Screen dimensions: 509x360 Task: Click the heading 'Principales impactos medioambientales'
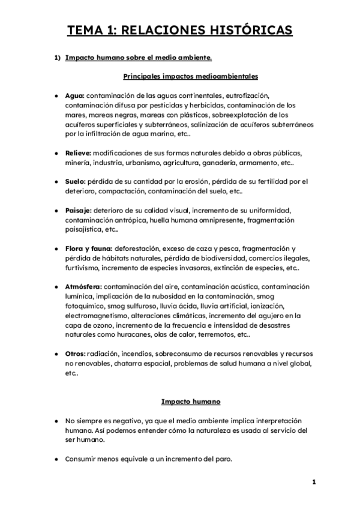[x=190, y=76]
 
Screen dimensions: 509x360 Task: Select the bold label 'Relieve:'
[x=78, y=153]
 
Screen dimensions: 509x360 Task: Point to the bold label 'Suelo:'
[x=76, y=182]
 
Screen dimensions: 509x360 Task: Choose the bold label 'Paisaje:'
[x=78, y=211]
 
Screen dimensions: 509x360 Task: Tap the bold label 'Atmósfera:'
[x=84, y=287]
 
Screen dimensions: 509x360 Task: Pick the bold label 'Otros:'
[x=76, y=354]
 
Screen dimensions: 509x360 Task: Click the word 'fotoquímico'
[x=83, y=306]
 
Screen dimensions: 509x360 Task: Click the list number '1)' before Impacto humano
[x=58, y=58]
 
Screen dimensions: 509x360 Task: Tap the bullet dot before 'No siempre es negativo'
[x=56, y=421]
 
